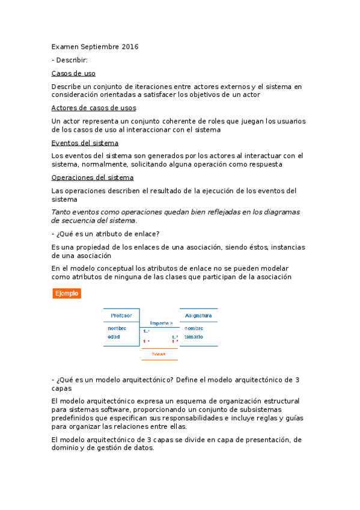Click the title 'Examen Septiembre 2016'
[x=95, y=46]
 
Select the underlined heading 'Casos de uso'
[x=73, y=73]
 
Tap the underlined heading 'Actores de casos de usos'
[x=94, y=108]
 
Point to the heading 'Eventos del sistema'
[x=85, y=143]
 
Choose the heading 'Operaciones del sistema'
[x=93, y=177]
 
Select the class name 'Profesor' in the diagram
[x=121, y=315]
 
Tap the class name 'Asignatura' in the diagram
[x=198, y=315]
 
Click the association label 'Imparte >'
[x=161, y=322]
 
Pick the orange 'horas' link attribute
[x=159, y=354]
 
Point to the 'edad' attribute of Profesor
[x=114, y=337]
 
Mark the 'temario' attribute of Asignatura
[x=194, y=337]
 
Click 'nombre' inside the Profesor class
[x=117, y=328]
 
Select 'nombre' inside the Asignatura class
[x=194, y=328]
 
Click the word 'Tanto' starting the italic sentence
[x=62, y=212]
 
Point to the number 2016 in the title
[x=130, y=46]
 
